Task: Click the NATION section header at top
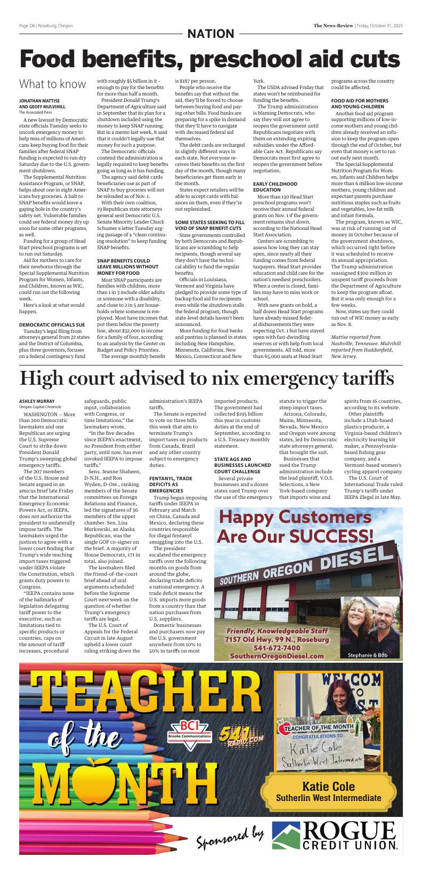[x=210, y=34]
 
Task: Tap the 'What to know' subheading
[x=52, y=84]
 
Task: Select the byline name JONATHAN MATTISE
[x=39, y=100]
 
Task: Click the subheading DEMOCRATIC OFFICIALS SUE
[x=52, y=324]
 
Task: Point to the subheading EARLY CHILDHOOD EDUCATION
[x=275, y=187]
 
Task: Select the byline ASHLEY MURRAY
[x=37, y=401]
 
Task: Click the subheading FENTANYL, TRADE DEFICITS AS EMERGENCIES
[x=171, y=484]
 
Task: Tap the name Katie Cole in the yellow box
[x=328, y=786]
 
